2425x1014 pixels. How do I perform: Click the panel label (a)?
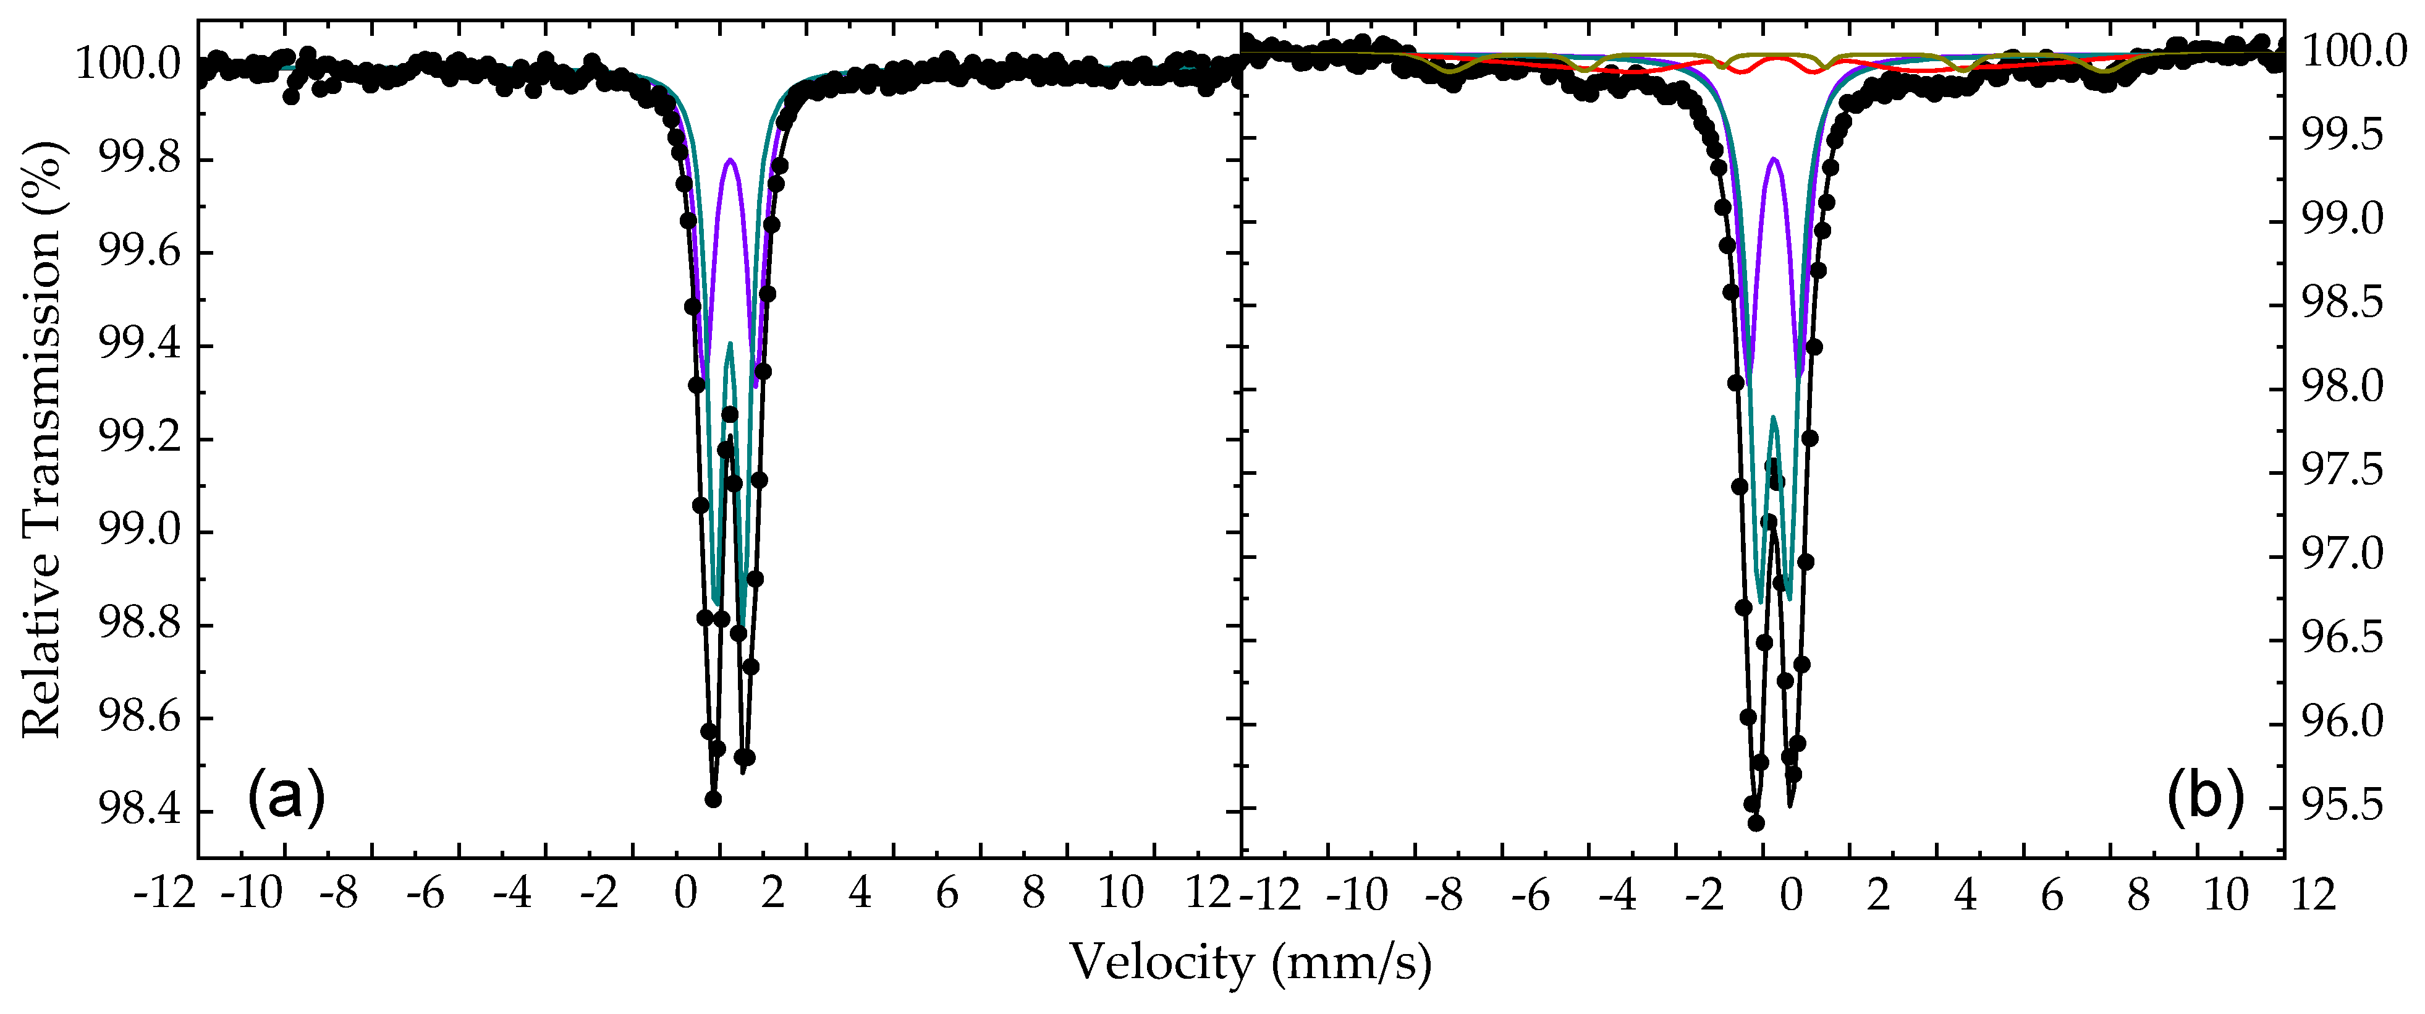click(286, 796)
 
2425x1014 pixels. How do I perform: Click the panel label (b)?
click(2206, 796)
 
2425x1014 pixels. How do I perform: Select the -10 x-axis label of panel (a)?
click(252, 893)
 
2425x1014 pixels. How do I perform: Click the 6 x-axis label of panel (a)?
click(947, 893)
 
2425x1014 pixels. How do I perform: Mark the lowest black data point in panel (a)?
click(714, 798)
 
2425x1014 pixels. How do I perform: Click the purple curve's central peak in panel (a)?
click(730, 160)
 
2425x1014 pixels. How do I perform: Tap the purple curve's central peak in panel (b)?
click(1774, 158)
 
